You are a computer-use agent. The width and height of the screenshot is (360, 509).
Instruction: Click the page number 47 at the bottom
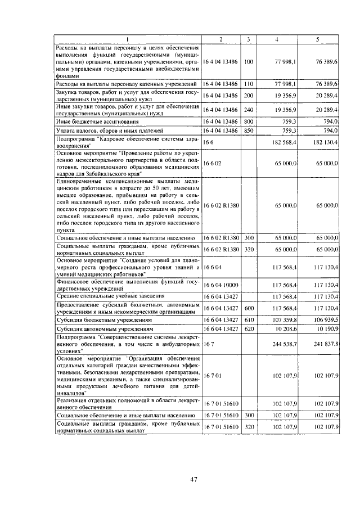(193, 479)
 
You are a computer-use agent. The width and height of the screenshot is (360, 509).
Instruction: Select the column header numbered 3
(249, 39)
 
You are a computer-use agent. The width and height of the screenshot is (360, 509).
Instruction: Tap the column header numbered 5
(318, 39)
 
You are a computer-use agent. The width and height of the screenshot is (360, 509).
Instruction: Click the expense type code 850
(249, 131)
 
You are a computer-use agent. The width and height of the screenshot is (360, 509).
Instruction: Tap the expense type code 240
(249, 109)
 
